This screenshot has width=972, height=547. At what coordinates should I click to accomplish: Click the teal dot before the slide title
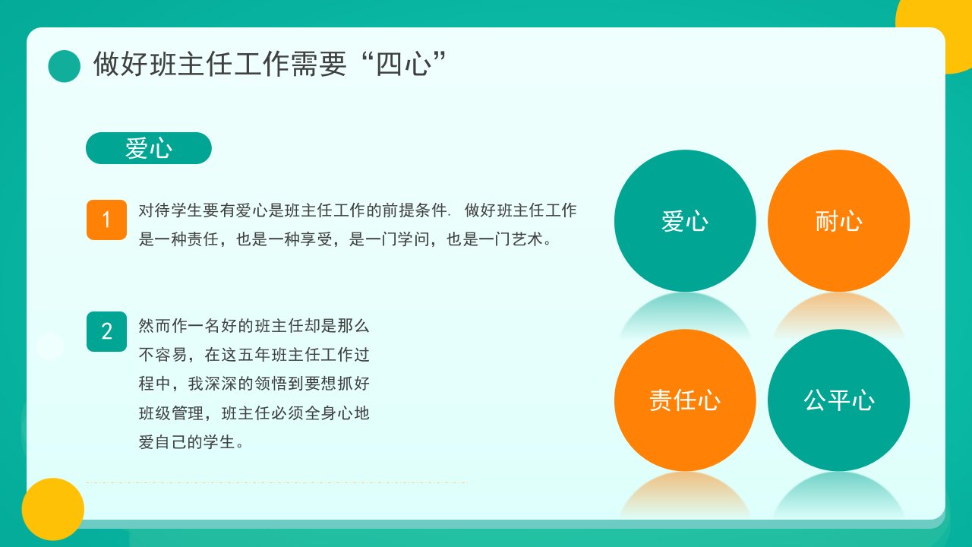[x=65, y=66]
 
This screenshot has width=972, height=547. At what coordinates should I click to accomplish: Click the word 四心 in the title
[x=404, y=65]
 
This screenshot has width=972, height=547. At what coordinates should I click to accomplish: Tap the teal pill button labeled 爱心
[x=149, y=148]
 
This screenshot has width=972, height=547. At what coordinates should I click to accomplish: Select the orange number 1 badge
[x=107, y=220]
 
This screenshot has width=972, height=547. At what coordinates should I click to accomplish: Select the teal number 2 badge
[x=107, y=332]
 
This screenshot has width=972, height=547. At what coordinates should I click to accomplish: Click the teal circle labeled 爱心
[x=685, y=220]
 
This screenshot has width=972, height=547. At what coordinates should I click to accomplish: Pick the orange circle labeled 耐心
[x=839, y=220]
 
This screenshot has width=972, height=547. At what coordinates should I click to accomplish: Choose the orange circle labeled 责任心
[x=685, y=400]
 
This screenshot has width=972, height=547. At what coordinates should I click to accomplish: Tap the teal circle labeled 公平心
[x=839, y=400]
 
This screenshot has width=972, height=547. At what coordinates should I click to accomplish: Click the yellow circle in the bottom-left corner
[x=53, y=509]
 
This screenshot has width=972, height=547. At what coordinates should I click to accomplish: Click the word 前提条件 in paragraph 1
[x=415, y=210]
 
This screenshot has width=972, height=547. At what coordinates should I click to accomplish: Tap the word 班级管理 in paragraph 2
[x=172, y=413]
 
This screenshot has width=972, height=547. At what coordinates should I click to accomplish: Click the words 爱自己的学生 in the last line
[x=187, y=442]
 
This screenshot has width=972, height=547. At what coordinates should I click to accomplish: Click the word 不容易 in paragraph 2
[x=163, y=355]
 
